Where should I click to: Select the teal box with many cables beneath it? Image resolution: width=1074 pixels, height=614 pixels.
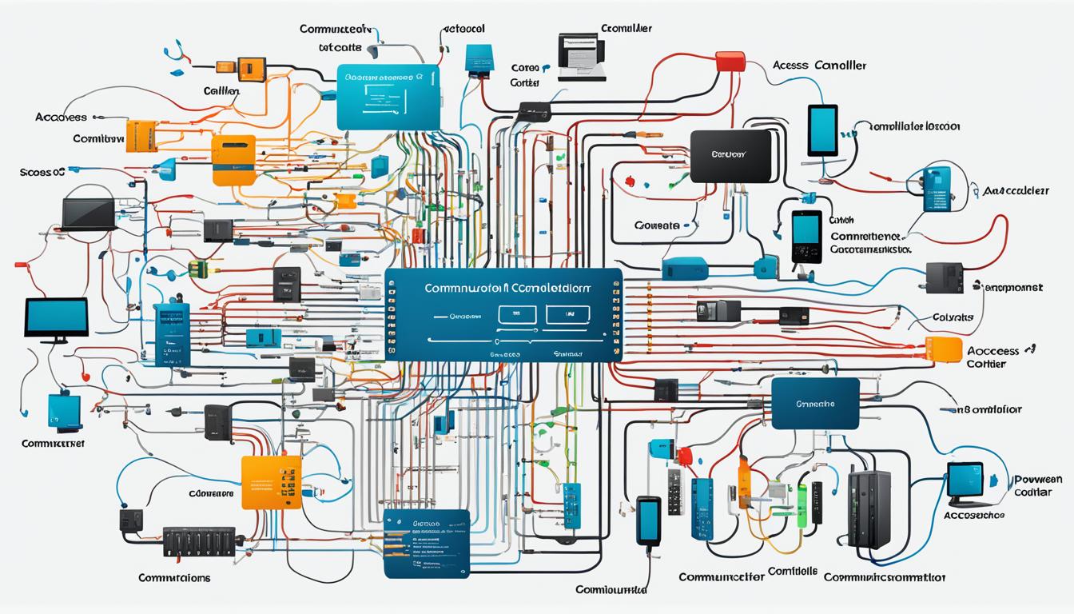tap(388, 97)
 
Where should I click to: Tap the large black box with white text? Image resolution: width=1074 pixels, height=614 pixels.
tap(730, 156)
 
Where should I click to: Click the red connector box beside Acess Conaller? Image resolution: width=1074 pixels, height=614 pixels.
tap(730, 61)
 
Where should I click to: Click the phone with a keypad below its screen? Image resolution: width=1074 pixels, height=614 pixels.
tap(806, 237)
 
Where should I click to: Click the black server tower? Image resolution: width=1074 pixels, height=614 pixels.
tap(869, 508)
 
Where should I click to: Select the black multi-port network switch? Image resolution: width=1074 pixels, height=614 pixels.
tap(199, 541)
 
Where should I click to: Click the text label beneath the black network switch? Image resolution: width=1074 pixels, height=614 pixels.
tap(174, 577)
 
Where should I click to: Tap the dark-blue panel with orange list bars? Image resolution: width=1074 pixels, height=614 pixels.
tap(426, 544)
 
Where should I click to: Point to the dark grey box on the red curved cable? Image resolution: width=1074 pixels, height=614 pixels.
tap(944, 277)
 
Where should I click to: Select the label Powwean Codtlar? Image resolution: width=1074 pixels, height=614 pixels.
tap(1036, 486)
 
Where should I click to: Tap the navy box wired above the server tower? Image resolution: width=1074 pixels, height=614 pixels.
tap(815, 404)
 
